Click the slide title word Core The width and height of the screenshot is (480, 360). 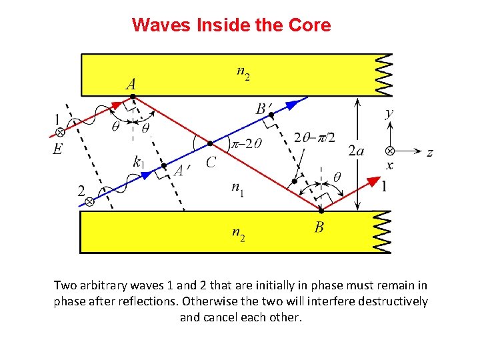tap(308, 25)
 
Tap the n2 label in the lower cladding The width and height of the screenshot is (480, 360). tap(238, 234)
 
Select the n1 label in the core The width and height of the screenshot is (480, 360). tap(238, 189)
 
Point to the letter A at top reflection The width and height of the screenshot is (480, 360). tap(131, 84)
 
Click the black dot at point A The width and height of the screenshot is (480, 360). tap(133, 97)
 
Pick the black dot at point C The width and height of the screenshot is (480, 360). tap(210, 143)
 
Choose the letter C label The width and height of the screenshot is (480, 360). tap(211, 162)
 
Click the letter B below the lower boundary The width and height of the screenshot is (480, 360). tap(319, 228)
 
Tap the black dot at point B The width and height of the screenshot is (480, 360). tap(321, 211)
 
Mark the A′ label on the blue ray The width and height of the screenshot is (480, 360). tap(181, 171)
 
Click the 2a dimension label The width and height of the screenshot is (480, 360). tap(356, 151)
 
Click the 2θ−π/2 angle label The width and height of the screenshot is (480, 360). tap(314, 137)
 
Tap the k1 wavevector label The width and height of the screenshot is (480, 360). tap(139, 161)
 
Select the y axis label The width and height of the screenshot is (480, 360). tap(390, 113)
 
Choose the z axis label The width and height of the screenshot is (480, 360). tap(430, 153)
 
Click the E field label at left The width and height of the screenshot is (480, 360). tap(58, 149)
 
